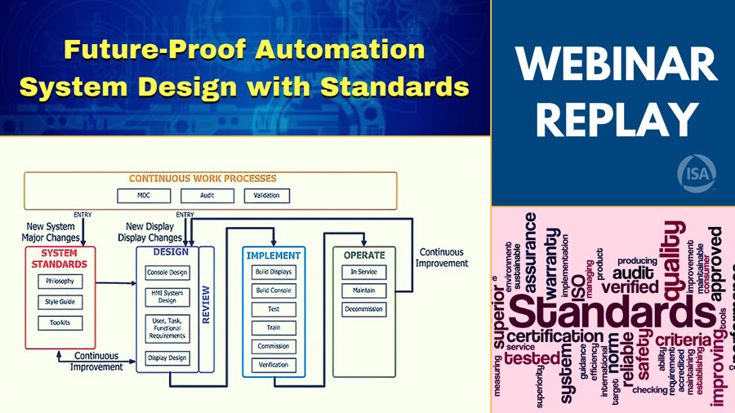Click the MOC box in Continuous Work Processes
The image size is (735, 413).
tap(144, 196)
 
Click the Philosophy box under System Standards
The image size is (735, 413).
tap(60, 282)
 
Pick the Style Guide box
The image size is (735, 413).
tap(60, 302)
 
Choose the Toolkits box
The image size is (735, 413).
tap(60, 323)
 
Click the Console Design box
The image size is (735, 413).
tap(167, 273)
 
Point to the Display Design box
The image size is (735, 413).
tap(167, 357)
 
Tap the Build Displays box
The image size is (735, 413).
tap(274, 272)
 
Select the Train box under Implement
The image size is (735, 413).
tap(274, 327)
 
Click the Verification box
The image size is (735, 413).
tap(274, 365)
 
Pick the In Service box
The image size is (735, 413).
tap(363, 272)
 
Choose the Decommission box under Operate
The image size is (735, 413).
tap(363, 309)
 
